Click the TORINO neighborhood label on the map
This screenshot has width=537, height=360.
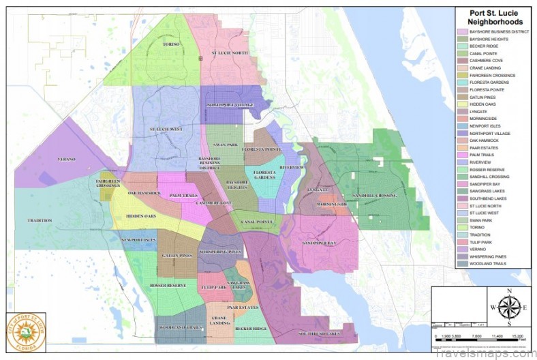pyautogui.click(x=170, y=44)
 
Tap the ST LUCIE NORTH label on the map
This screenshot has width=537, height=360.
pyautogui.click(x=230, y=52)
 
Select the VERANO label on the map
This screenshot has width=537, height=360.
pyautogui.click(x=67, y=160)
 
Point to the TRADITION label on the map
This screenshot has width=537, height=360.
pyautogui.click(x=40, y=220)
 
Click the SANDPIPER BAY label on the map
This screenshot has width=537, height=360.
pyautogui.click(x=320, y=243)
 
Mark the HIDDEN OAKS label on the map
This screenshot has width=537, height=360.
pyautogui.click(x=141, y=217)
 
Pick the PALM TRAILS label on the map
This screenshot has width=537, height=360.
pyautogui.click(x=183, y=195)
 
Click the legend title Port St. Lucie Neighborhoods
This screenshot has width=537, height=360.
pyautogui.click(x=492, y=16)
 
